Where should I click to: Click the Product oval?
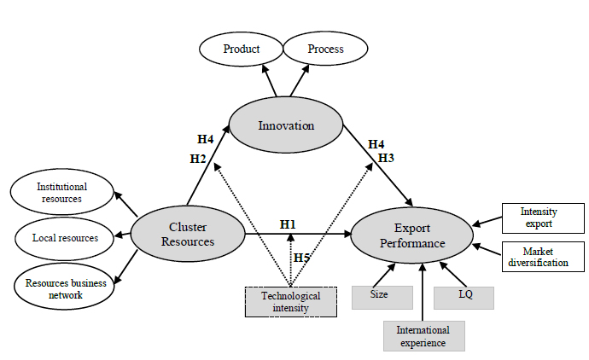pos(241,49)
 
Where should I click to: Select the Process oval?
pos(325,49)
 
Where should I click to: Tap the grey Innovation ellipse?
pos(286,125)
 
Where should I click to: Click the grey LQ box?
pos(464,296)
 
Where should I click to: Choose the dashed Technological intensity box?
pos(290,302)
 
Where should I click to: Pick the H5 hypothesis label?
pos(301,258)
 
